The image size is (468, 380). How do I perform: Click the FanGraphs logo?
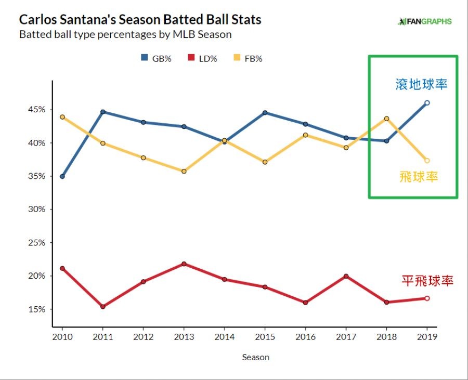click(424, 22)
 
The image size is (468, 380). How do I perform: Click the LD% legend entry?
click(201, 58)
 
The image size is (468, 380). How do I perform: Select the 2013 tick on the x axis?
click(184, 336)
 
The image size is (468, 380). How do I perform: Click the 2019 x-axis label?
click(427, 336)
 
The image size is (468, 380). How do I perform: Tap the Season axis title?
click(255, 357)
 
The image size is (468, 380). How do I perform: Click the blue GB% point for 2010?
click(62, 176)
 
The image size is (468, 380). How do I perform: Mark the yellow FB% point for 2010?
click(62, 117)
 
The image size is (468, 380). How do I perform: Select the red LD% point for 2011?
click(103, 307)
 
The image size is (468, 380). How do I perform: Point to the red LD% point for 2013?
click(184, 264)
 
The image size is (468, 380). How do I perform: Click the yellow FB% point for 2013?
click(184, 171)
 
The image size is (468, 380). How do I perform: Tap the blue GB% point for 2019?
click(427, 103)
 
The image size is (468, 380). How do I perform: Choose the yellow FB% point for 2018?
click(386, 119)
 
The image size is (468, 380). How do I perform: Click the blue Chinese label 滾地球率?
click(421, 84)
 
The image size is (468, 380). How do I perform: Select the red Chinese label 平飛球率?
click(427, 281)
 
